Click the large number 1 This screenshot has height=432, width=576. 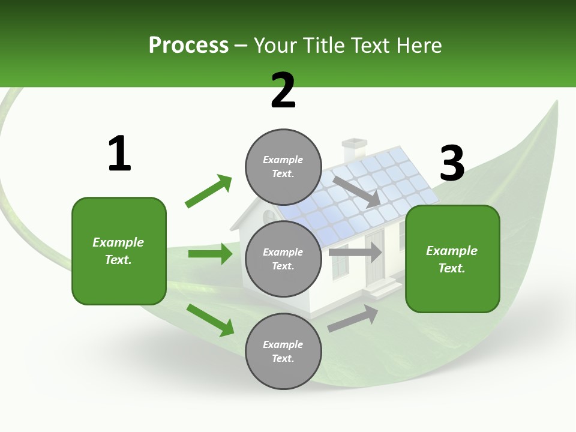coord(119,154)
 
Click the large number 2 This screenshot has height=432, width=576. coord(283,91)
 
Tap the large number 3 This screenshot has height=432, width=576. coord(452,163)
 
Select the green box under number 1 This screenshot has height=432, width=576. coord(119,251)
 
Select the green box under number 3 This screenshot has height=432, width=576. coord(452,259)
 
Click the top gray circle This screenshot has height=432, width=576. coord(283,167)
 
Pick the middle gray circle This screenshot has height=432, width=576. coord(283,259)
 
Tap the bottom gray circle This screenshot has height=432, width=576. coord(283,351)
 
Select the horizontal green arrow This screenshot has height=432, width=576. coord(210,254)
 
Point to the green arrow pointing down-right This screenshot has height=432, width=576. coord(210,320)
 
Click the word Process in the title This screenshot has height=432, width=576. coord(188,45)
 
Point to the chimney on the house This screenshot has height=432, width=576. coord(354,149)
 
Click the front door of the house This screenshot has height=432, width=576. coord(375,258)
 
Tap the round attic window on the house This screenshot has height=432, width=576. coord(269,215)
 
